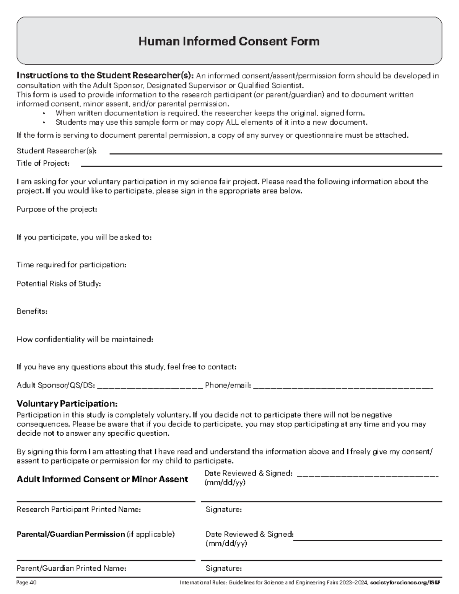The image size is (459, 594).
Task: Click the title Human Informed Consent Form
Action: pos(229,41)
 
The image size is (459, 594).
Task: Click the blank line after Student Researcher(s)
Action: pos(275,153)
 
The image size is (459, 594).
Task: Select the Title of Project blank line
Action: pos(261,166)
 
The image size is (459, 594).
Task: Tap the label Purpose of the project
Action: pos(57,209)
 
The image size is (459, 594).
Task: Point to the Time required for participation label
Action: pos(71,265)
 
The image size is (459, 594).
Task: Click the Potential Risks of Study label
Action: pos(59,283)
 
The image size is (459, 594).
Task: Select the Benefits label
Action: pos(32,311)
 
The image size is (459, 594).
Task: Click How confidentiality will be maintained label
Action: pos(85,339)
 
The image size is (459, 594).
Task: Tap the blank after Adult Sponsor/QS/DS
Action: pos(150,387)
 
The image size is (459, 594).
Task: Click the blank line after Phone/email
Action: pos(343,387)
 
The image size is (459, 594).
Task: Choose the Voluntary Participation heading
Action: pos(67,404)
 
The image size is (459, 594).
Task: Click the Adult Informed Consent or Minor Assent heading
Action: pos(102,479)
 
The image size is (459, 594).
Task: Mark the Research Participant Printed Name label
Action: pos(78,509)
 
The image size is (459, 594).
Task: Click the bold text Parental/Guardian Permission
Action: pos(71,534)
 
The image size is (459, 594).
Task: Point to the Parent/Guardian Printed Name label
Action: pos(71,568)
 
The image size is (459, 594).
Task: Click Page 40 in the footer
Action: pos(26,583)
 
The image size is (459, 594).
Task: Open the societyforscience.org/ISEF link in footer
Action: pos(405,583)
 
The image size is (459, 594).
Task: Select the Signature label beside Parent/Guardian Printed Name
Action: pos(223,568)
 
